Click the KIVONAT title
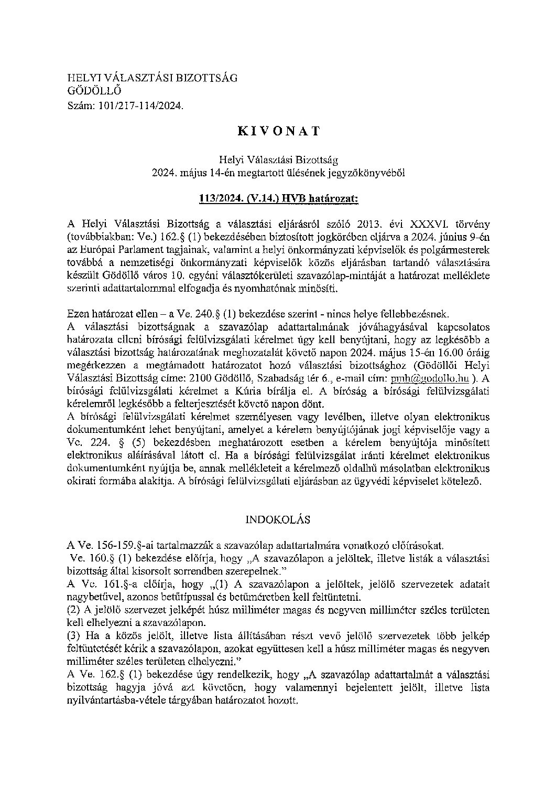[x=278, y=132]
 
